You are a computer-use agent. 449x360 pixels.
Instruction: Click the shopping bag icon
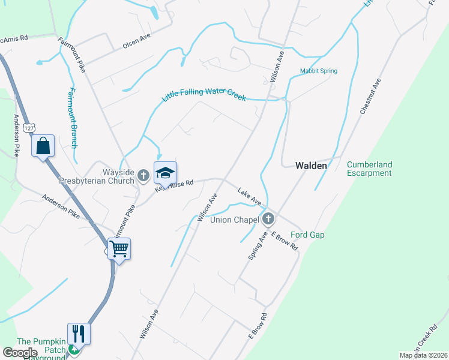click(x=43, y=146)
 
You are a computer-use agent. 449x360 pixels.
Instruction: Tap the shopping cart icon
click(x=119, y=248)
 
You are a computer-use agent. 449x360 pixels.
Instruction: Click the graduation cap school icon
click(x=166, y=173)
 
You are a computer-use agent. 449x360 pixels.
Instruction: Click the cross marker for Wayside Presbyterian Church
click(x=143, y=175)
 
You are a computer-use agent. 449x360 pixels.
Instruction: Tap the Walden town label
click(x=311, y=166)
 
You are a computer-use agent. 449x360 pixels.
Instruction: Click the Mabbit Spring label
click(x=319, y=71)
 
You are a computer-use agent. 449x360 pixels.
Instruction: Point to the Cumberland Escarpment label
click(x=369, y=169)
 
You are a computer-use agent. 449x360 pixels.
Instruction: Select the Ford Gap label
click(x=307, y=235)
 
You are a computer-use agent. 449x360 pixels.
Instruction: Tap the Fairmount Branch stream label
click(x=71, y=118)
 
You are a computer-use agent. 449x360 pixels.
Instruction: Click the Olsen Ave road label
click(x=136, y=40)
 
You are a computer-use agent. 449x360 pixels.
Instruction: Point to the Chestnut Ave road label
click(x=370, y=97)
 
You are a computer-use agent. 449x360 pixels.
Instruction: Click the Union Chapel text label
click(x=234, y=220)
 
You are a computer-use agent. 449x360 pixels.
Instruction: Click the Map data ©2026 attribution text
click(x=423, y=355)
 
